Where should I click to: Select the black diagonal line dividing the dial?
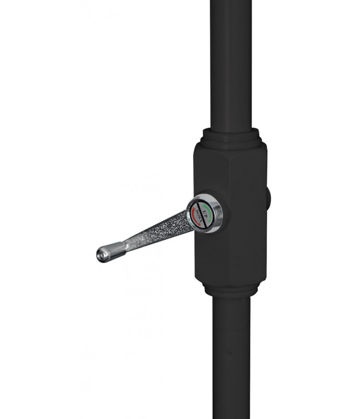(202, 215)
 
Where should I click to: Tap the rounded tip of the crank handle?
(100, 256)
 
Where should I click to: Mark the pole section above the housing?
(231, 63)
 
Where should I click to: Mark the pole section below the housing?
(231, 356)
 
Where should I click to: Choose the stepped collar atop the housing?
(231, 137)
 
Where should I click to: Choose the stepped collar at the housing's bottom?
(231, 290)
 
